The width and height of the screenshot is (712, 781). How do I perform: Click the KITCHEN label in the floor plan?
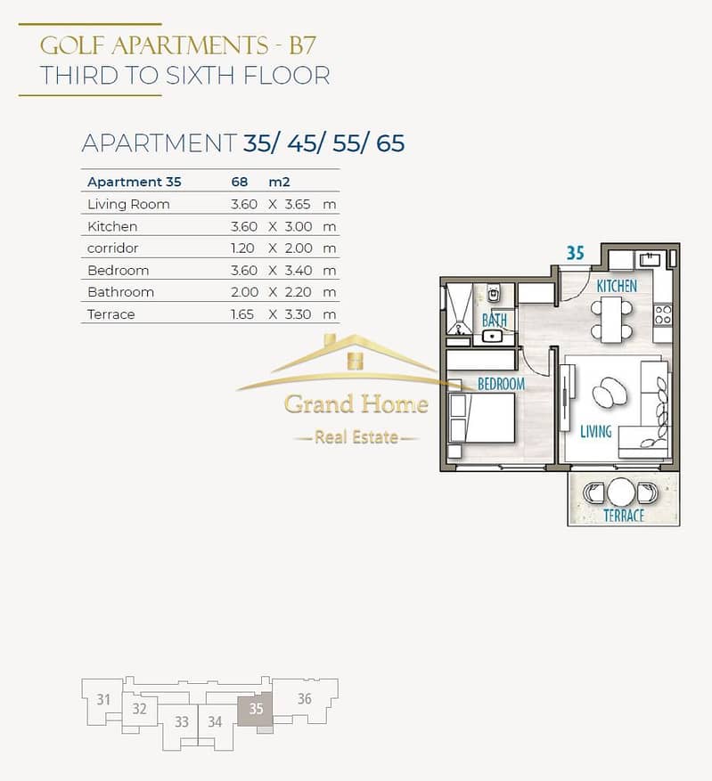click(617, 286)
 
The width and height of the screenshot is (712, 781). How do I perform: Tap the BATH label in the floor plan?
click(495, 321)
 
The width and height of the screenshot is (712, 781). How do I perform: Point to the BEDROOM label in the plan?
click(501, 384)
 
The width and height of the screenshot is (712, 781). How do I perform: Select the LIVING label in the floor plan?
click(596, 431)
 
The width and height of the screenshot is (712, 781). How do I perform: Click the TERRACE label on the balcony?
click(624, 516)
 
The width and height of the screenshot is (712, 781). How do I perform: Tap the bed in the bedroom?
click(482, 418)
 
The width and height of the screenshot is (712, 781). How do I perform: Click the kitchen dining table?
click(611, 320)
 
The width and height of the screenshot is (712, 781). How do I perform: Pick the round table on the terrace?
click(621, 492)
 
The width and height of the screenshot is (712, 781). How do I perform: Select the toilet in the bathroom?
click(494, 295)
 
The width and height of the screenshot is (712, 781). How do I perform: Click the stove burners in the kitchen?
click(663, 315)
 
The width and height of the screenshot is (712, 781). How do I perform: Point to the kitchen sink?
click(651, 259)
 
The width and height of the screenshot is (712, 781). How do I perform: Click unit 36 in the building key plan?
click(305, 698)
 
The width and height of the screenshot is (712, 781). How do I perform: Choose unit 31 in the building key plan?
click(103, 700)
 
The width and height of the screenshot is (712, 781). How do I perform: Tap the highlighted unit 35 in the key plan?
click(255, 708)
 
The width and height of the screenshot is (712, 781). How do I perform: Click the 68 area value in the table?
click(239, 182)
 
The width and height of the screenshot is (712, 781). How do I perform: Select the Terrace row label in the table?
click(111, 314)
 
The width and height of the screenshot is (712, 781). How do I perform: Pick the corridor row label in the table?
click(112, 248)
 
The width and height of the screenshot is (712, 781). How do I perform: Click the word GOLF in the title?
click(72, 45)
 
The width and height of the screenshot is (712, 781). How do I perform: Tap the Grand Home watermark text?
click(356, 404)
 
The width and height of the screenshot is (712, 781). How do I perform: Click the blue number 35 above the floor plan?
click(576, 253)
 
